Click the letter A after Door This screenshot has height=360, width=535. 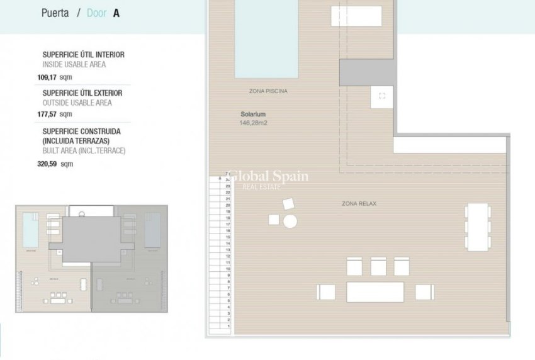[x=116, y=13]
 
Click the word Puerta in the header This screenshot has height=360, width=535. [x=55, y=13]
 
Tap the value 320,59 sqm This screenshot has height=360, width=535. [x=55, y=164]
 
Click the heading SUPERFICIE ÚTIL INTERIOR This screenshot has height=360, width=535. [x=83, y=55]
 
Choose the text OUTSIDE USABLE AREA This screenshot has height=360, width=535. [x=77, y=103]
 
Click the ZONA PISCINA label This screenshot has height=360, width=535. [x=268, y=92]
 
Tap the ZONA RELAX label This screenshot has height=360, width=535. [x=359, y=204]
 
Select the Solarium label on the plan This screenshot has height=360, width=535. [x=253, y=115]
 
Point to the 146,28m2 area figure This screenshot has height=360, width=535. [x=253, y=123]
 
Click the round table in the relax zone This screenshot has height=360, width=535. [x=290, y=221]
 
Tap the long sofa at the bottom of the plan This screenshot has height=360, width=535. [x=375, y=292]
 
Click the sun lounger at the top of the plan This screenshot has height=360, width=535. [x=356, y=16]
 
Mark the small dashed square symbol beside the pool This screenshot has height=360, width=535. [x=382, y=96]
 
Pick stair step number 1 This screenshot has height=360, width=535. [x=228, y=327]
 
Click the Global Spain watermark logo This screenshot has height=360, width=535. [x=267, y=177]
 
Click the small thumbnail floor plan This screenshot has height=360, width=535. [x=92, y=258]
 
